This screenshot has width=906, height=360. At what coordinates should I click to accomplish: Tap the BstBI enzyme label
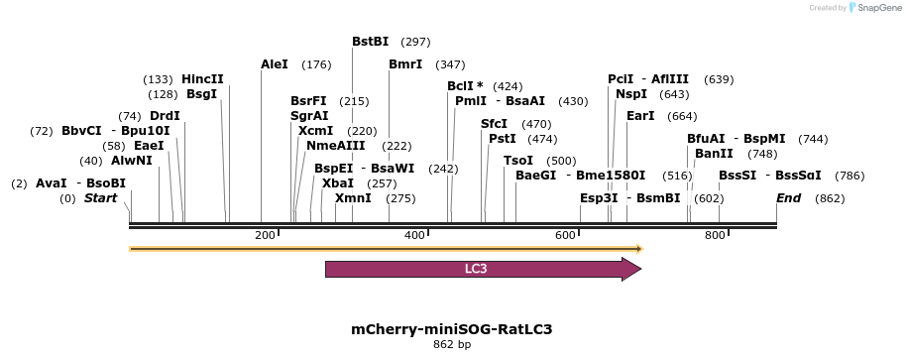(x=371, y=42)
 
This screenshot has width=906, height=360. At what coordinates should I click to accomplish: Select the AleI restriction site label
(x=275, y=64)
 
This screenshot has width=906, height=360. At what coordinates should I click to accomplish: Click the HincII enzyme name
(x=202, y=79)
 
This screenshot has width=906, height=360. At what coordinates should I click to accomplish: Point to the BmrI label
(x=405, y=64)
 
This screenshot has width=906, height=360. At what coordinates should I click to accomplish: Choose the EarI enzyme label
(x=640, y=116)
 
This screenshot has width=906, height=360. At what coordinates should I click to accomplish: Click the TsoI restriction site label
(x=518, y=161)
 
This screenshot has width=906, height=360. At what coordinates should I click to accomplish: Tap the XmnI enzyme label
(x=353, y=198)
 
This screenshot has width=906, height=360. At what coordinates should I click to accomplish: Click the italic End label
(x=788, y=198)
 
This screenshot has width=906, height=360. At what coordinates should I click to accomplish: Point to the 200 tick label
(x=265, y=235)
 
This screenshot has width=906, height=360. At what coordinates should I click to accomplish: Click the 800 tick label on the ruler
(x=715, y=235)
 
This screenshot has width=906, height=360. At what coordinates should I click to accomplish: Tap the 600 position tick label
(x=565, y=235)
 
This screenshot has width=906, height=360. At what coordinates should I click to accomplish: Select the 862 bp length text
(x=452, y=345)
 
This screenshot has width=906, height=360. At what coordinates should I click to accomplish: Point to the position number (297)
(x=415, y=42)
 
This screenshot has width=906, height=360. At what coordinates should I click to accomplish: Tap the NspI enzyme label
(x=631, y=94)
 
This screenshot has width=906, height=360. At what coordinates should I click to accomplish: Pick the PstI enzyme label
(x=503, y=139)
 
